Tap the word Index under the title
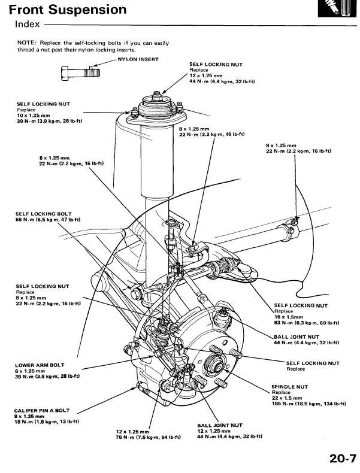point(28,25)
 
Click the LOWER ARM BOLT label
point(39,365)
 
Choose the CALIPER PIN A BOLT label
point(42,410)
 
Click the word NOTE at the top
point(27,43)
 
